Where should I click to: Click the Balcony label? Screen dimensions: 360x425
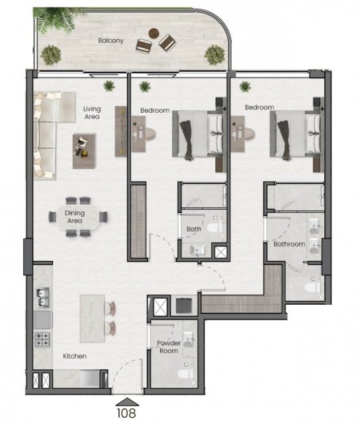pos(111,41)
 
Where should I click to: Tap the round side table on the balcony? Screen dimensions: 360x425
pos(153,33)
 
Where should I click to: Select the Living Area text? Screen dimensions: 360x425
pos(92,113)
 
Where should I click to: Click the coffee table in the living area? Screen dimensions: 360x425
pos(84,151)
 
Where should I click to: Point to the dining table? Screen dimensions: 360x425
pos(78,217)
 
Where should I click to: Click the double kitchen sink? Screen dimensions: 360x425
pos(43,297)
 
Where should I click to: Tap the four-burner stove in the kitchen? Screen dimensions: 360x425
pos(43,339)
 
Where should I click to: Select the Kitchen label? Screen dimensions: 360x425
pos(74,356)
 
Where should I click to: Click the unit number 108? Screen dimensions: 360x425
pos(126,413)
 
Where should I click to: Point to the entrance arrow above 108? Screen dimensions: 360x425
pos(127,402)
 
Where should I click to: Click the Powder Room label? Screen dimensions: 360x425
pos(169,347)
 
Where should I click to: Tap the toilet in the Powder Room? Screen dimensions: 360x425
pos(186,373)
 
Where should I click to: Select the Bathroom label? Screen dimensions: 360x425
pos(289,244)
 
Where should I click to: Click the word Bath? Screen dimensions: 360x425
pos(193,229)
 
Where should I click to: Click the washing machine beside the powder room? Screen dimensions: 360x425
pos(184,306)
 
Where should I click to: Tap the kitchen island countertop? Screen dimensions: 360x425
pos(92,319)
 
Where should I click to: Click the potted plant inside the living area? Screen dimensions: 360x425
pos(109,86)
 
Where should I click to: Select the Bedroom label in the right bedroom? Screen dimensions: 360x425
pos(260,108)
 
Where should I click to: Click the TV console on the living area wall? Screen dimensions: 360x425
pos(121,131)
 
